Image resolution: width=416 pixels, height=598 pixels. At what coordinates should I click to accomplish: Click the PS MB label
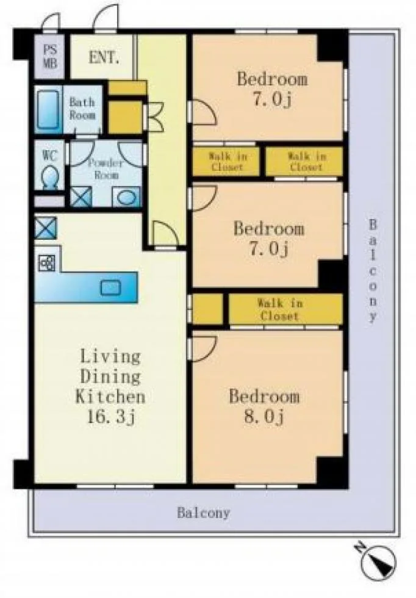click(x=49, y=56)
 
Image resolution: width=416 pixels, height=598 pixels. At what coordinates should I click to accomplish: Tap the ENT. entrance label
click(x=104, y=57)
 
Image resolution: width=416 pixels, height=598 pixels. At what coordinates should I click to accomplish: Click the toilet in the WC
click(x=50, y=178)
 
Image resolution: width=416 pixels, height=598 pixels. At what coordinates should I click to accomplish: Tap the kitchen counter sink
click(x=110, y=287)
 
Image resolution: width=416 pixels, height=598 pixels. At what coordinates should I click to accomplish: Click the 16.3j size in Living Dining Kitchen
click(x=110, y=417)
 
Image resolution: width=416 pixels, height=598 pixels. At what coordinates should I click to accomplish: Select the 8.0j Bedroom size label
click(x=264, y=417)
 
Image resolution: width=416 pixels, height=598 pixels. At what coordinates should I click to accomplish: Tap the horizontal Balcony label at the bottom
click(x=203, y=513)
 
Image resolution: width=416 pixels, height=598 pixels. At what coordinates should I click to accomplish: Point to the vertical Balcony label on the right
click(x=373, y=271)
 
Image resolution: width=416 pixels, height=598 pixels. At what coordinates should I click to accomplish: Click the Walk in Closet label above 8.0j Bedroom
click(x=280, y=310)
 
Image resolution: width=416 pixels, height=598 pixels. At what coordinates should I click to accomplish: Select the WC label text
click(x=49, y=156)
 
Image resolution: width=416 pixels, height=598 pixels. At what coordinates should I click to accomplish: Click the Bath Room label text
click(x=82, y=109)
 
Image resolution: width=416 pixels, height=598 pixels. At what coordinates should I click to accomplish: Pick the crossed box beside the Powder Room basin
click(x=81, y=196)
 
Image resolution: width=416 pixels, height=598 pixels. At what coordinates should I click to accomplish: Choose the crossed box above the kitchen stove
click(x=46, y=228)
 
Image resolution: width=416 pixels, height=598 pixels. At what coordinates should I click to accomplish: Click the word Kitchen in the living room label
click(x=110, y=397)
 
